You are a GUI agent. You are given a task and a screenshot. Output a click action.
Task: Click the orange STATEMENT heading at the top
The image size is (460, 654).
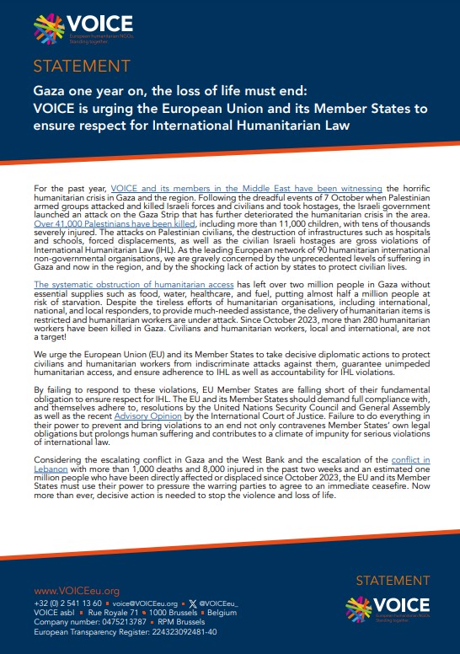81,66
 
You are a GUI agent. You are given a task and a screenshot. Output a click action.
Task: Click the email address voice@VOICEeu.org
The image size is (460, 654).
142,604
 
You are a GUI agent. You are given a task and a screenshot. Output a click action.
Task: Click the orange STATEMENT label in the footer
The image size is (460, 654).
393,581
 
